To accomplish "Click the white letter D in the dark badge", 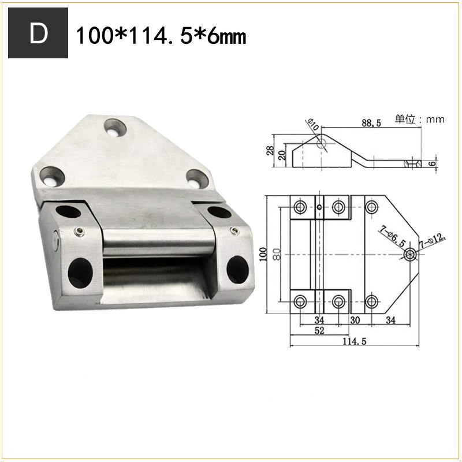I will [x=39, y=35].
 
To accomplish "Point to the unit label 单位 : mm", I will [x=419, y=120].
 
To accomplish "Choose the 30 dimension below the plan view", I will [x=355, y=319].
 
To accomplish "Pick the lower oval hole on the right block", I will [x=236, y=268].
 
